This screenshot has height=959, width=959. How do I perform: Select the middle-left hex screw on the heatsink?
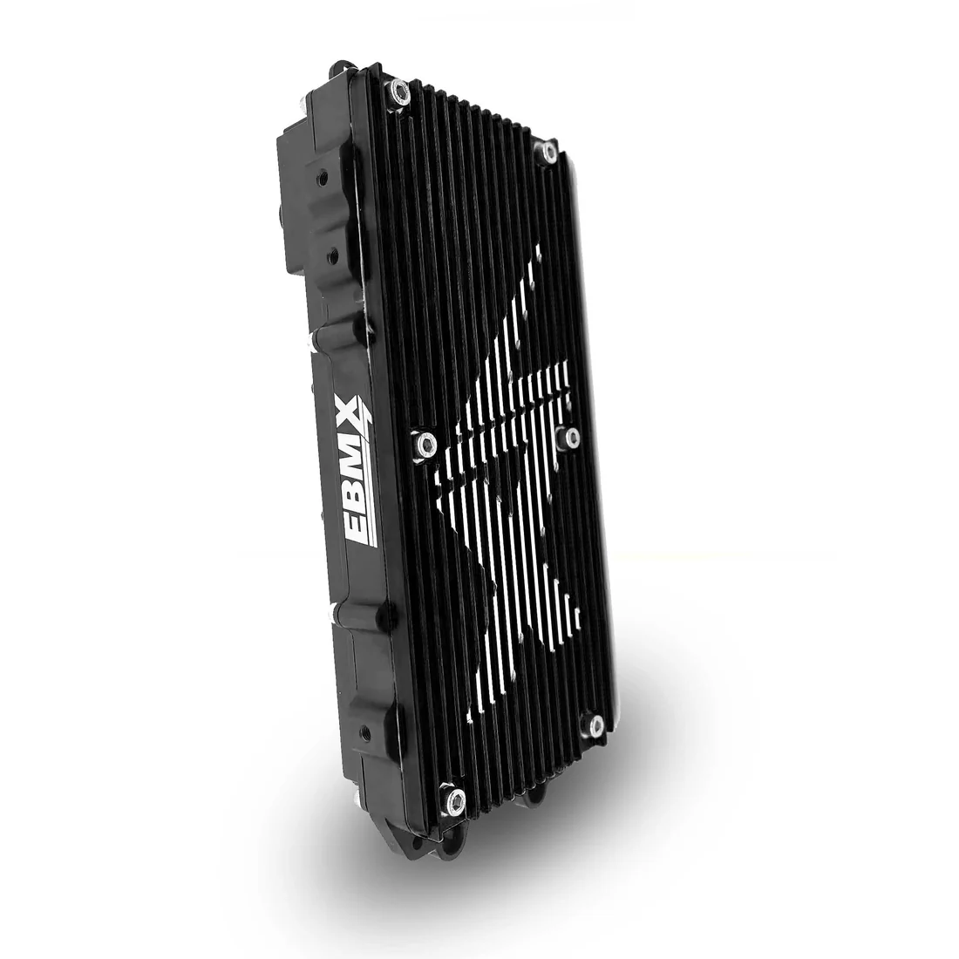425,442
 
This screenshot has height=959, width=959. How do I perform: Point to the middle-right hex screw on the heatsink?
571,438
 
